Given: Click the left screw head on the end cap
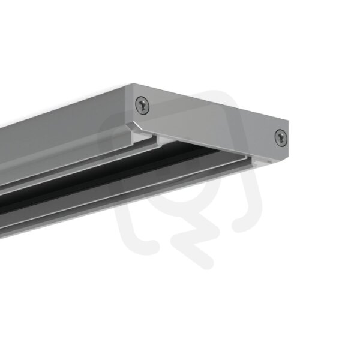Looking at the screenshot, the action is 142,105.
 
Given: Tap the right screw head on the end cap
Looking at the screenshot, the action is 281,137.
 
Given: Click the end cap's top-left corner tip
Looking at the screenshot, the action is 133,83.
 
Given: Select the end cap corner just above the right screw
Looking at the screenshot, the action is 289,121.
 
